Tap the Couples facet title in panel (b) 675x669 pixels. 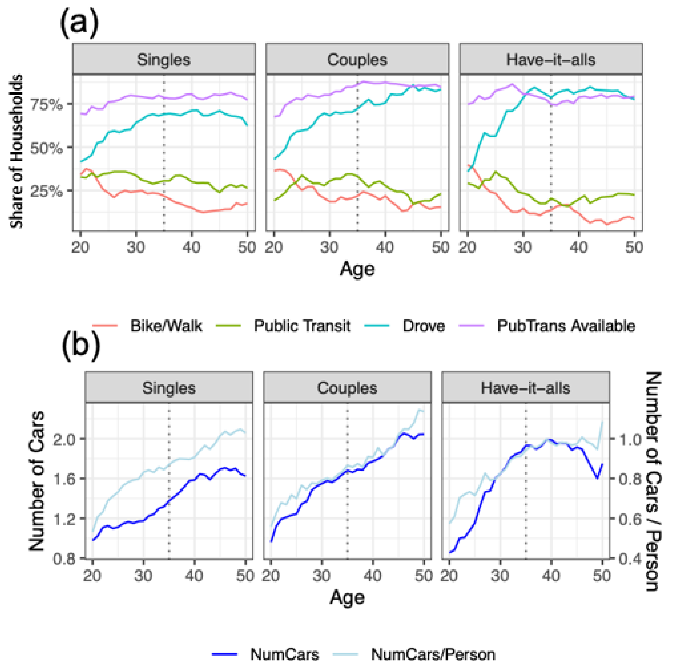pyautogui.click(x=347, y=388)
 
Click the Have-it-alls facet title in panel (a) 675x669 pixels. pyautogui.click(x=551, y=60)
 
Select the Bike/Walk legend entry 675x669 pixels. pyautogui.click(x=166, y=326)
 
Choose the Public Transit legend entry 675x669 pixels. pyautogui.click(x=302, y=326)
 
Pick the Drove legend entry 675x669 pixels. pyautogui.click(x=423, y=326)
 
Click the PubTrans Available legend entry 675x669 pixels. pyautogui.click(x=566, y=326)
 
